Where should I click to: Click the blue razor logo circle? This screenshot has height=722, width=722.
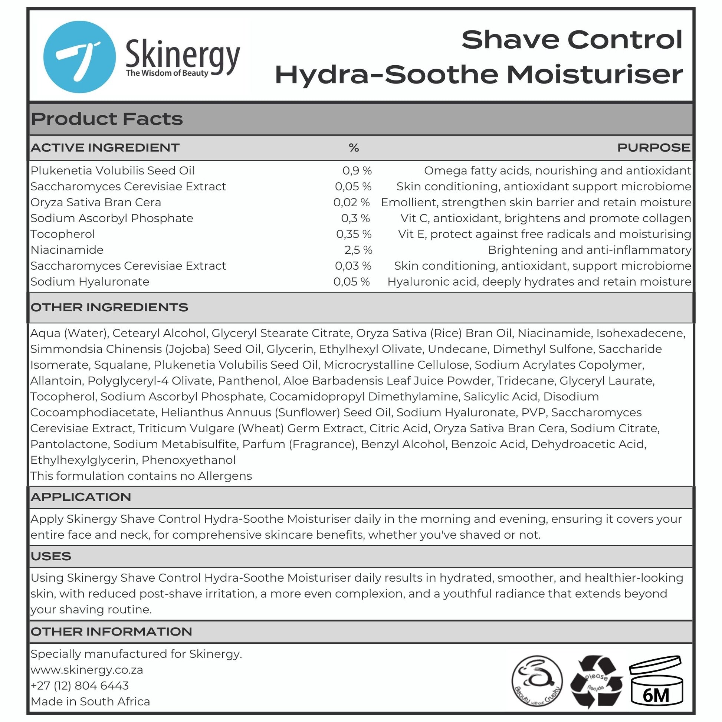(x=79, y=57)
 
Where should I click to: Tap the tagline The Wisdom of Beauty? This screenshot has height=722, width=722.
(x=167, y=73)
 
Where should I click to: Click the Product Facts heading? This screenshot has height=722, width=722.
(x=107, y=119)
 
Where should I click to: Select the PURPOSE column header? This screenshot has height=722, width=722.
(x=653, y=148)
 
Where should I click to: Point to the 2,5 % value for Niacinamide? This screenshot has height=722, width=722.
(x=358, y=250)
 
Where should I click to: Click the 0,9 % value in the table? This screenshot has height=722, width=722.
(x=357, y=171)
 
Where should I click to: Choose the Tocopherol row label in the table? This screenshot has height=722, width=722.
(x=63, y=234)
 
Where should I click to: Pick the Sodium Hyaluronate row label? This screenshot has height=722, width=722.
(x=90, y=282)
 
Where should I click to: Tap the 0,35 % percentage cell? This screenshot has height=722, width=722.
(x=354, y=234)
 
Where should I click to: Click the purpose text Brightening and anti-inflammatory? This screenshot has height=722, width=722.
(x=589, y=250)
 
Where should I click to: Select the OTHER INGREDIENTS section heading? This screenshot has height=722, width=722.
(x=109, y=307)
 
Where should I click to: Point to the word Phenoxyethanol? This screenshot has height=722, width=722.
(x=188, y=460)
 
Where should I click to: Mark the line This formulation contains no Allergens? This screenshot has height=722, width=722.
(x=141, y=476)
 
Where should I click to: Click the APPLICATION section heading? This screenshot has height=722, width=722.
(x=81, y=497)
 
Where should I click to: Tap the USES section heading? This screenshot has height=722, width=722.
(x=51, y=556)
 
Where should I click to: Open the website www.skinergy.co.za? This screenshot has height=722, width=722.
(x=87, y=670)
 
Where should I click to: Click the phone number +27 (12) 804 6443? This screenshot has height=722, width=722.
(x=80, y=686)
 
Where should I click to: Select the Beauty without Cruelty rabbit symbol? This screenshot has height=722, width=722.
(x=536, y=681)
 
